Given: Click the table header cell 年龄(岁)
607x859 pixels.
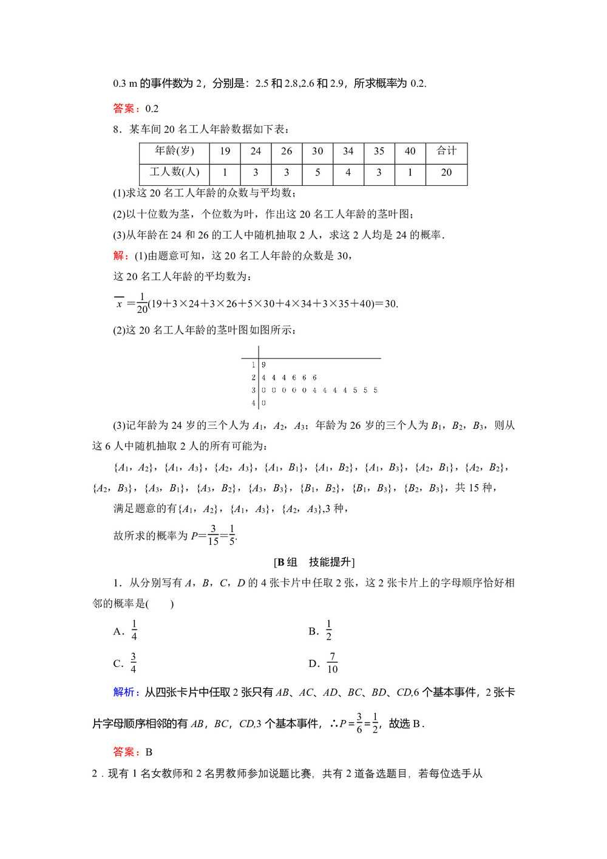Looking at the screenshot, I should (x=174, y=151).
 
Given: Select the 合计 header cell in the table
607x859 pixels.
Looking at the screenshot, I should (x=446, y=151).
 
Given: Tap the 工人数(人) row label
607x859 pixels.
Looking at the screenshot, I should (x=174, y=173).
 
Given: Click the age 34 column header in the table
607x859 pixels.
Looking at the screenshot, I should (x=348, y=151).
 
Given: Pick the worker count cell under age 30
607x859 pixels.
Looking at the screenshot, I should (x=317, y=173).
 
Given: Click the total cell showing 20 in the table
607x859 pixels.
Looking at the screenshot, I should (x=446, y=173).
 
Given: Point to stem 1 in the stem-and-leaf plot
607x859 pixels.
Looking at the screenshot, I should (x=253, y=365).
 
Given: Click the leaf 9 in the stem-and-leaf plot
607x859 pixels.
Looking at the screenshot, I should (x=263, y=365).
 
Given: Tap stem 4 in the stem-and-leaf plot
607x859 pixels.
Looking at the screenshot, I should (x=253, y=403).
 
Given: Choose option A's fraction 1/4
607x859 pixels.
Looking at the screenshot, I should (x=134, y=631).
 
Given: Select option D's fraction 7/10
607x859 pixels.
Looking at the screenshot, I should (x=332, y=663).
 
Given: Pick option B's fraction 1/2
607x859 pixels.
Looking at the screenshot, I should (x=328, y=631).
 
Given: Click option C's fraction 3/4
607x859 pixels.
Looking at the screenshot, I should (x=133, y=663).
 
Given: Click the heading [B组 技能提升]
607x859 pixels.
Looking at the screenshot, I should (x=314, y=562).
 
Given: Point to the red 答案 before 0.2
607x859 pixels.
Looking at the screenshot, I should (x=124, y=109).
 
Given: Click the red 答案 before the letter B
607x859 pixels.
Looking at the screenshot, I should (x=124, y=752).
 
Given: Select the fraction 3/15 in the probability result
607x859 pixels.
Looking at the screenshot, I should (x=213, y=535).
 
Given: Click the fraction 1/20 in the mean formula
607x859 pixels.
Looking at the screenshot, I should (x=142, y=303).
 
